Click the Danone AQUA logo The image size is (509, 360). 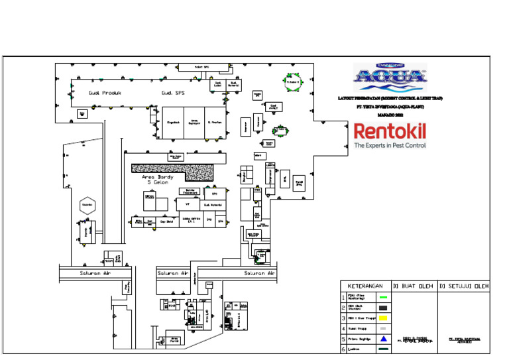390,76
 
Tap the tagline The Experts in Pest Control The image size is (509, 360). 390,145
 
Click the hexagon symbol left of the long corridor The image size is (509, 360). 87,205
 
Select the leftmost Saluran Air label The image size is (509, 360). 95,273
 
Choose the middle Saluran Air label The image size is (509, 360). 174,273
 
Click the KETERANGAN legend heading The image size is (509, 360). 366,286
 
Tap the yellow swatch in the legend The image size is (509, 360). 382,318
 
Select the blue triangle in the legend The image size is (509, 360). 382,338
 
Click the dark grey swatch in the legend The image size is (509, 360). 382,308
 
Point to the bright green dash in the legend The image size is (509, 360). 382,298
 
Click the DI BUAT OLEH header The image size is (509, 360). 414,286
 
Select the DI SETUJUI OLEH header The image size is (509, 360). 464,286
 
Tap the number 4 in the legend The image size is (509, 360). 343,328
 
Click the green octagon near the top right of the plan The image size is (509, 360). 293,82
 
